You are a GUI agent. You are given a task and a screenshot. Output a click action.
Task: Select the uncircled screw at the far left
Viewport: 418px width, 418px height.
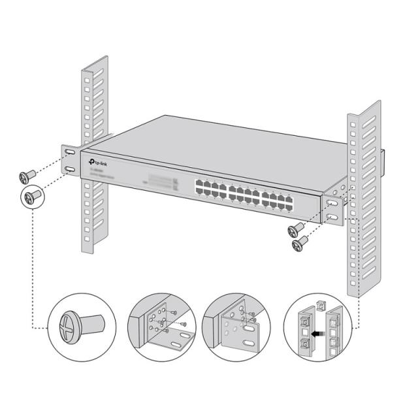point(28,176)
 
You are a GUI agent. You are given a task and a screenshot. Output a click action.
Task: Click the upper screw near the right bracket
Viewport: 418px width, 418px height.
point(297,229)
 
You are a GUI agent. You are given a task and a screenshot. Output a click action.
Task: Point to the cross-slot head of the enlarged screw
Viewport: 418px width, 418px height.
point(71,325)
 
